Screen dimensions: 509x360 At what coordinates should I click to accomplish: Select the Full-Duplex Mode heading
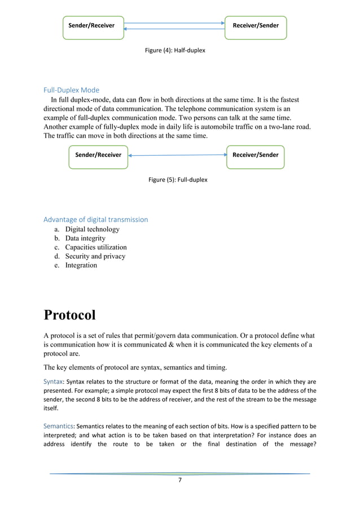[x=71, y=90]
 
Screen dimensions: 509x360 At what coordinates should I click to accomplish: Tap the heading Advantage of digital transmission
[x=96, y=220]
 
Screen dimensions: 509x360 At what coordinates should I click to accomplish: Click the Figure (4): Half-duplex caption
[x=175, y=51]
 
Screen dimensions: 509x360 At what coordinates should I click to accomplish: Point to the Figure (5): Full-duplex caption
[x=178, y=179]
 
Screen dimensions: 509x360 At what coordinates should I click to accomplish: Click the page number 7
[x=179, y=480]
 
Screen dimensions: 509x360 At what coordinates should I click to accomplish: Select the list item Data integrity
[x=85, y=239]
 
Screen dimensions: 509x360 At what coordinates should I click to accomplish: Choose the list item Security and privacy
[x=95, y=256]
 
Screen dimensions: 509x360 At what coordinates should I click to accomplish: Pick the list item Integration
[x=81, y=265]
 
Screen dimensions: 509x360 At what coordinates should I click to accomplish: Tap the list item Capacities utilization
[x=96, y=247]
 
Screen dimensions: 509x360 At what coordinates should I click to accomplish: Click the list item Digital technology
[x=93, y=230]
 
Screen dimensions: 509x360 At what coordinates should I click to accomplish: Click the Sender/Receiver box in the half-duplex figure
[x=93, y=26]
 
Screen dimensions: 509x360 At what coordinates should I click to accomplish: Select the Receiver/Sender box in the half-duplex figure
[x=255, y=26]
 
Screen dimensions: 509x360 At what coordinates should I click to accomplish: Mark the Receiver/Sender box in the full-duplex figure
[x=255, y=155]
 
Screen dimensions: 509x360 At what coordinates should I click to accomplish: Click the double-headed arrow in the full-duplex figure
[x=177, y=155]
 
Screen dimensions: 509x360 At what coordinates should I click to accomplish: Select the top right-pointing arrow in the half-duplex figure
[x=174, y=23]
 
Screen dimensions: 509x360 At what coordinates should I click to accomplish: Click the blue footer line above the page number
[x=179, y=473]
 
